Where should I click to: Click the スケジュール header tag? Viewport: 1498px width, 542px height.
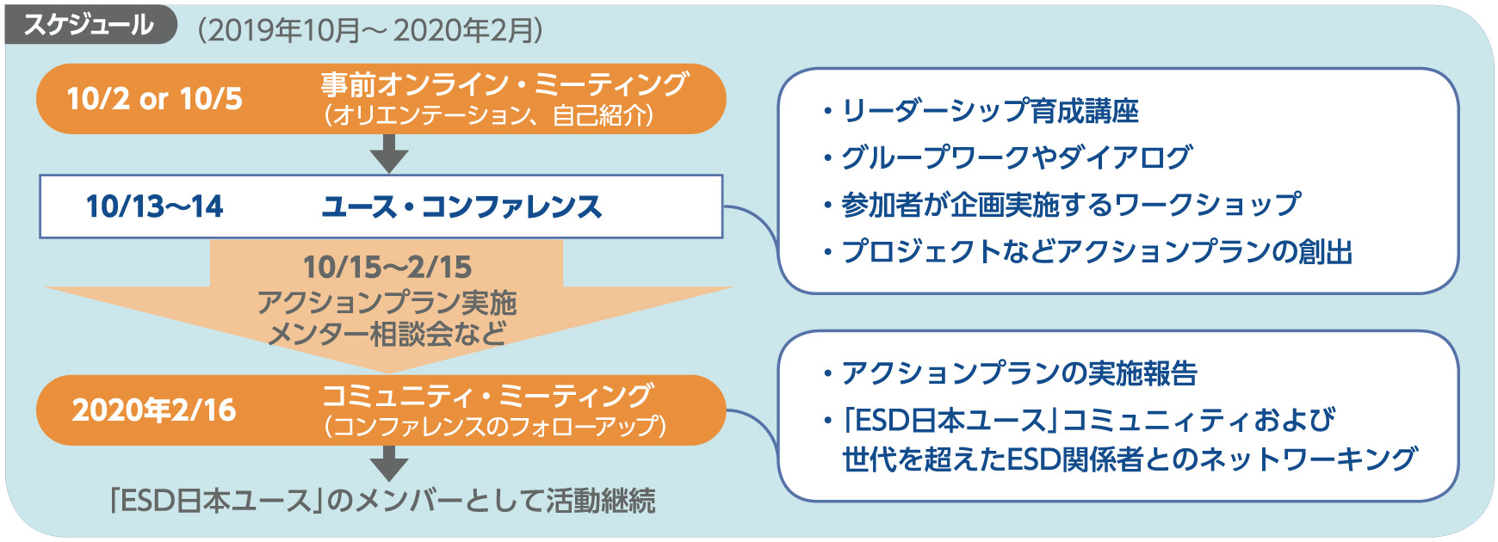[x=89, y=25]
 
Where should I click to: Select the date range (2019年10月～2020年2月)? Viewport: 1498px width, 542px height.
[x=370, y=30]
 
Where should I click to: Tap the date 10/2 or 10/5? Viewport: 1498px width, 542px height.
[x=155, y=99]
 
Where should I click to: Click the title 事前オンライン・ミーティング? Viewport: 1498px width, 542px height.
[x=504, y=84]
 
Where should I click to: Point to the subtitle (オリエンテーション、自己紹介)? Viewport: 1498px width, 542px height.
[x=488, y=115]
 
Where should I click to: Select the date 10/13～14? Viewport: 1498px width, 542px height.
[x=155, y=206]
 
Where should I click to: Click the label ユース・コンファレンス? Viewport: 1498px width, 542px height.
[x=461, y=206]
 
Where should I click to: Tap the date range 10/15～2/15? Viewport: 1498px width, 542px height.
[x=387, y=267]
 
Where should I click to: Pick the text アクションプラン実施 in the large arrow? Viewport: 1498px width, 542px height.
[x=387, y=302]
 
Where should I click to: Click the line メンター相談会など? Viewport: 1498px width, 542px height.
[x=387, y=334]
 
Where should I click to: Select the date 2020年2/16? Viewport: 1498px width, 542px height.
[x=154, y=410]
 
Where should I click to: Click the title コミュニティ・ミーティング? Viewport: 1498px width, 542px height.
[x=487, y=395]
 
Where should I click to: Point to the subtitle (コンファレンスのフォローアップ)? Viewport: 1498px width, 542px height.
[x=495, y=426]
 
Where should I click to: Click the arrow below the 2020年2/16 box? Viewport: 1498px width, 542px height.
[x=389, y=463]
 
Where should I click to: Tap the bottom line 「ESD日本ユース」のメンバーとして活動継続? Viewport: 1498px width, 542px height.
[x=383, y=501]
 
